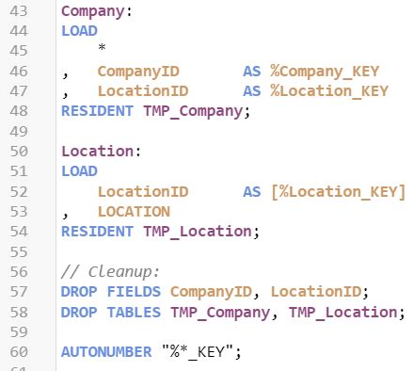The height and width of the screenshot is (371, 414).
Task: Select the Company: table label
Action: (97, 12)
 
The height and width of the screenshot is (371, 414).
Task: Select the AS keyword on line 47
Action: (252, 91)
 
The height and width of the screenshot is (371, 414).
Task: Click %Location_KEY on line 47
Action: (329, 91)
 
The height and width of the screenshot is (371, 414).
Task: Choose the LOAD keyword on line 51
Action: (79, 170)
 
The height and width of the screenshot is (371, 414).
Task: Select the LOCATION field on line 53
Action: (134, 211)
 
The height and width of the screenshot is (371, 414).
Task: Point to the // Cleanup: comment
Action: (110, 271)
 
